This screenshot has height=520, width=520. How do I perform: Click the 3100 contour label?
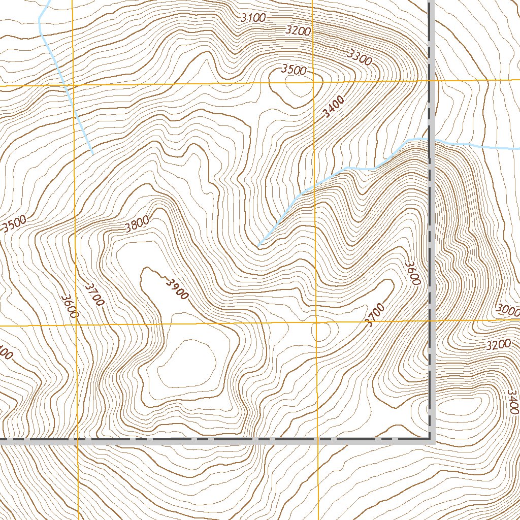point(253,18)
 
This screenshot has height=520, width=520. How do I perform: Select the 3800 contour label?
point(137,224)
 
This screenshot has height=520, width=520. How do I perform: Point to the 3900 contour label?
point(176,288)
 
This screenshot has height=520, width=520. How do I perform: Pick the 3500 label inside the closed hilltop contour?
point(294,70)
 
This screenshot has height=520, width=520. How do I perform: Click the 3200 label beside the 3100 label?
point(298,30)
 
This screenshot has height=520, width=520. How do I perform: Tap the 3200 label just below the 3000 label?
point(498,345)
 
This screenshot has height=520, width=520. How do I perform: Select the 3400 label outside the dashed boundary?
point(513,401)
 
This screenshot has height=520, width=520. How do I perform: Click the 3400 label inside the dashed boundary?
point(333,107)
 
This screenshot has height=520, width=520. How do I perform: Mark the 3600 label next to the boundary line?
point(412,273)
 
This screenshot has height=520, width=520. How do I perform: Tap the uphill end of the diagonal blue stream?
point(259,246)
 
